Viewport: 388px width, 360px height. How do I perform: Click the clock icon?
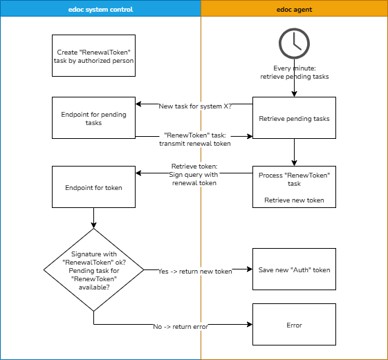click(294, 44)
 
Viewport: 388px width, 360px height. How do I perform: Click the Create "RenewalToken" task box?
click(93, 55)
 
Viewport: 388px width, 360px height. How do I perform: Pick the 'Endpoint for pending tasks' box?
click(93, 118)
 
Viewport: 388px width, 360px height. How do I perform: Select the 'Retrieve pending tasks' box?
click(294, 118)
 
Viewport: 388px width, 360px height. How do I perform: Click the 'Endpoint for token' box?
click(93, 187)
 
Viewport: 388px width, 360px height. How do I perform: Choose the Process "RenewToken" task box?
click(294, 187)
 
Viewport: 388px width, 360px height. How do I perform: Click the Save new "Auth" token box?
click(294, 269)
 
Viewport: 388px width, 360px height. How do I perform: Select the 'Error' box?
click(294, 325)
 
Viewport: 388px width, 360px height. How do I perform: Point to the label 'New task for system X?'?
click(195, 106)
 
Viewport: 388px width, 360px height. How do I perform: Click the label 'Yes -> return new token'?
click(195, 271)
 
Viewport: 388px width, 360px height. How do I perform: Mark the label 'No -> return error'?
click(181, 326)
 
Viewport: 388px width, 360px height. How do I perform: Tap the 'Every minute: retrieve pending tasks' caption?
click(294, 73)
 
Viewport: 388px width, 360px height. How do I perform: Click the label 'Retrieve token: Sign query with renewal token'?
click(194, 175)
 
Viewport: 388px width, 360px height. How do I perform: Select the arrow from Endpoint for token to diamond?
click(93, 218)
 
